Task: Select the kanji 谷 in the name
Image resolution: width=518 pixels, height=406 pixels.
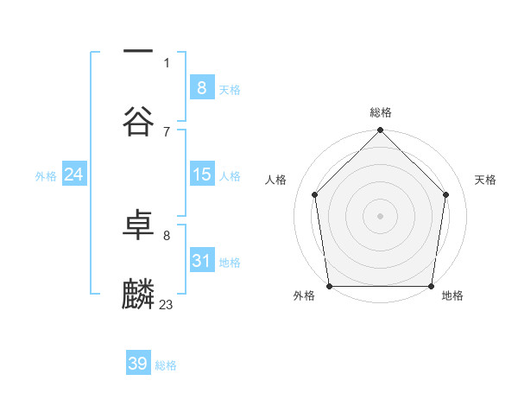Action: (x=138, y=119)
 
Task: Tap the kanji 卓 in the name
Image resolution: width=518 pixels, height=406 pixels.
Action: (x=138, y=226)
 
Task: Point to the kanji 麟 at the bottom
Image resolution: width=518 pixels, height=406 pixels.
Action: (x=138, y=294)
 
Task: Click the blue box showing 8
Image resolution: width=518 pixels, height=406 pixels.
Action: (x=201, y=88)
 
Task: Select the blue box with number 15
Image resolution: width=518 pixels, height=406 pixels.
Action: (x=201, y=174)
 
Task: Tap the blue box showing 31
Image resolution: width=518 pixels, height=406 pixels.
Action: (x=201, y=261)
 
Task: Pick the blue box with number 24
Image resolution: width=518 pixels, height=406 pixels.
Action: (x=73, y=174)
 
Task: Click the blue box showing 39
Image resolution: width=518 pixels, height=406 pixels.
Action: (x=138, y=364)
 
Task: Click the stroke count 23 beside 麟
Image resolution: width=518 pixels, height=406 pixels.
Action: (x=166, y=304)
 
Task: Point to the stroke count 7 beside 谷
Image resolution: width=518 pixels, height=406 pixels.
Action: (x=166, y=131)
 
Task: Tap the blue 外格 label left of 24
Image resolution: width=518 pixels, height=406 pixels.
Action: (x=46, y=175)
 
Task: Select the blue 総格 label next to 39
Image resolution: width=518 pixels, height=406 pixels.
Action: (x=166, y=365)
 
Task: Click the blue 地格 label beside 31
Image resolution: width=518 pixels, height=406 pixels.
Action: (x=230, y=262)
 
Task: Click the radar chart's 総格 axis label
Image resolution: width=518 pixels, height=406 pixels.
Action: (x=381, y=112)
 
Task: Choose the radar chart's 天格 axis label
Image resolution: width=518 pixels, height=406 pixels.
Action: (x=485, y=180)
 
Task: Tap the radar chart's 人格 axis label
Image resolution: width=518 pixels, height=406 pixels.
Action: (x=275, y=180)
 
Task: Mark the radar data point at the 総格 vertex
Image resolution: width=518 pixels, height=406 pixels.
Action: (x=380, y=131)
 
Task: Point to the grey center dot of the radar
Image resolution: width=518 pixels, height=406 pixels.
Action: (x=380, y=215)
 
